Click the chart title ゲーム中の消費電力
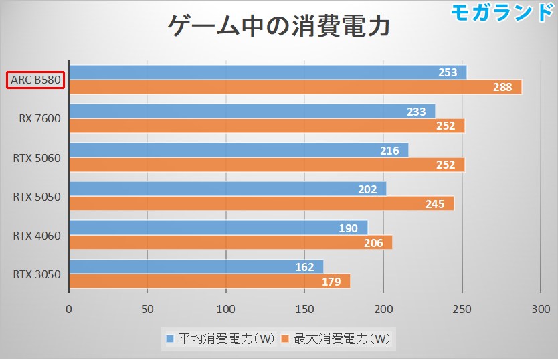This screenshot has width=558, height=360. pos(278,27)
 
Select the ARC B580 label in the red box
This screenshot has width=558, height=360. pos(35,80)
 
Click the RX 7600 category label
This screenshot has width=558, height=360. pos(39,119)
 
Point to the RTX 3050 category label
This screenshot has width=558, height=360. pos(37,274)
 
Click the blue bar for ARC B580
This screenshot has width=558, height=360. pos(268,72)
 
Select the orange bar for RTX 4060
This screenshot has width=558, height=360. pos(230,242)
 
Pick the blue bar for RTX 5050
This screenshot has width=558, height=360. pos(227,189)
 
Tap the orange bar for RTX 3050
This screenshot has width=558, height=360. pos(209,281)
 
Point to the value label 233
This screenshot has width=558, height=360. pos(416,112)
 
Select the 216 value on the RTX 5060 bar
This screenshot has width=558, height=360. pos(389,151)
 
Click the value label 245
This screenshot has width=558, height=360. pos(435,204)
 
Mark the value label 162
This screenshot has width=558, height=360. pos(305,267)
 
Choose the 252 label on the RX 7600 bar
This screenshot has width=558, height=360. pos(445,126)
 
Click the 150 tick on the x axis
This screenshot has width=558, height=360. pos(304,309)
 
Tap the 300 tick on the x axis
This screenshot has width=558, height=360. pos(539,309)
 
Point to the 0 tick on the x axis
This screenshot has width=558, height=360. pos(69,309)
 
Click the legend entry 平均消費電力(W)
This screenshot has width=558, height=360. pos(221,339)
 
